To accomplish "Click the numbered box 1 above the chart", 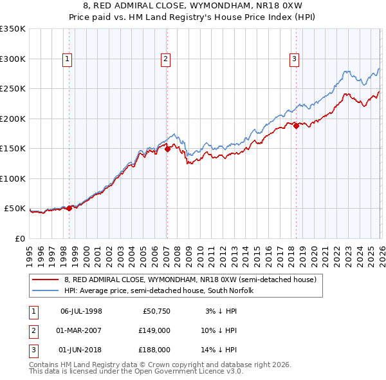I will pos(68,59).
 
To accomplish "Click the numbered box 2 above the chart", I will pos(165,59).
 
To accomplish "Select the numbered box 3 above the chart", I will pos(294,59).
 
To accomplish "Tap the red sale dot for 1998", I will pos(69,207).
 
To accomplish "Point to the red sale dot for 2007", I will pos(167,149).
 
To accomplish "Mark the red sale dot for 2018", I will pos(296,126).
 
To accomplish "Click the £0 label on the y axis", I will pos(21,238).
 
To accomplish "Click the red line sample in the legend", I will pos(46,280).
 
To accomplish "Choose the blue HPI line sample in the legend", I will pos(46,291).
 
